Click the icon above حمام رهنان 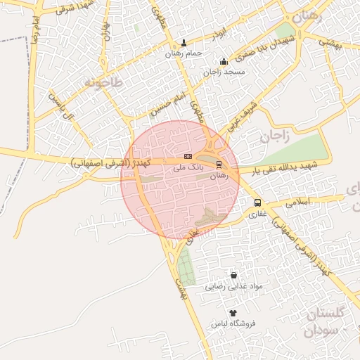click(184, 42)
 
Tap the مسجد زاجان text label click(223, 72)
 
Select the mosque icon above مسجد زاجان click(224, 61)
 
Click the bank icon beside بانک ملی click(188, 155)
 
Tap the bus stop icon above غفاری click(256, 203)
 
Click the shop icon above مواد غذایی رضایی click(233, 276)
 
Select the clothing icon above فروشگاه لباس click(233, 313)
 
